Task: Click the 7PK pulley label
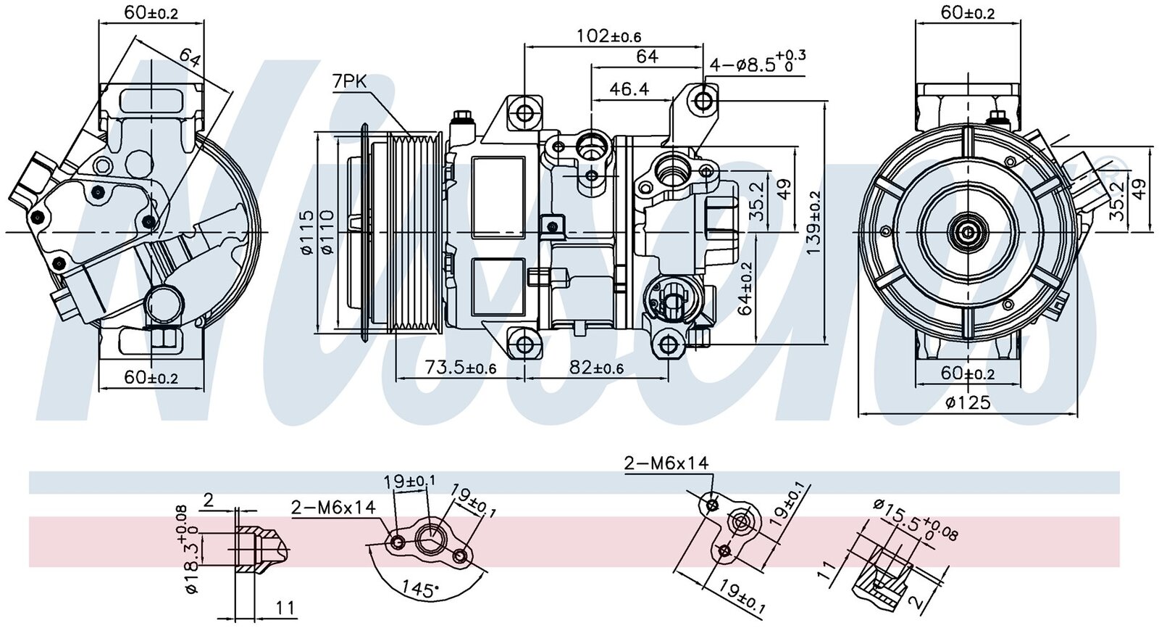pyautogui.click(x=350, y=82)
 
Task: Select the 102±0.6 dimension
pyautogui.click(x=609, y=36)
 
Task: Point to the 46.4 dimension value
pyautogui.click(x=629, y=89)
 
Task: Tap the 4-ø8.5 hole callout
pyautogui.click(x=757, y=64)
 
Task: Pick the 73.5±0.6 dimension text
pyautogui.click(x=460, y=368)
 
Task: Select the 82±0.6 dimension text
pyautogui.click(x=596, y=368)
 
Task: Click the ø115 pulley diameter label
pyautogui.click(x=306, y=232)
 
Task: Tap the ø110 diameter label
pyautogui.click(x=327, y=232)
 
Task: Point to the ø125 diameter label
pyautogui.click(x=967, y=403)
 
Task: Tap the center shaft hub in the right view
pyautogui.click(x=968, y=232)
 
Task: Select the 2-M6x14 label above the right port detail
pyautogui.click(x=666, y=463)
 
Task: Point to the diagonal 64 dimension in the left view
pyautogui.click(x=190, y=57)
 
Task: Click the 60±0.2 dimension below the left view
pyautogui.click(x=151, y=377)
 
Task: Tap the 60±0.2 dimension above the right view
pyautogui.click(x=967, y=12)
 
